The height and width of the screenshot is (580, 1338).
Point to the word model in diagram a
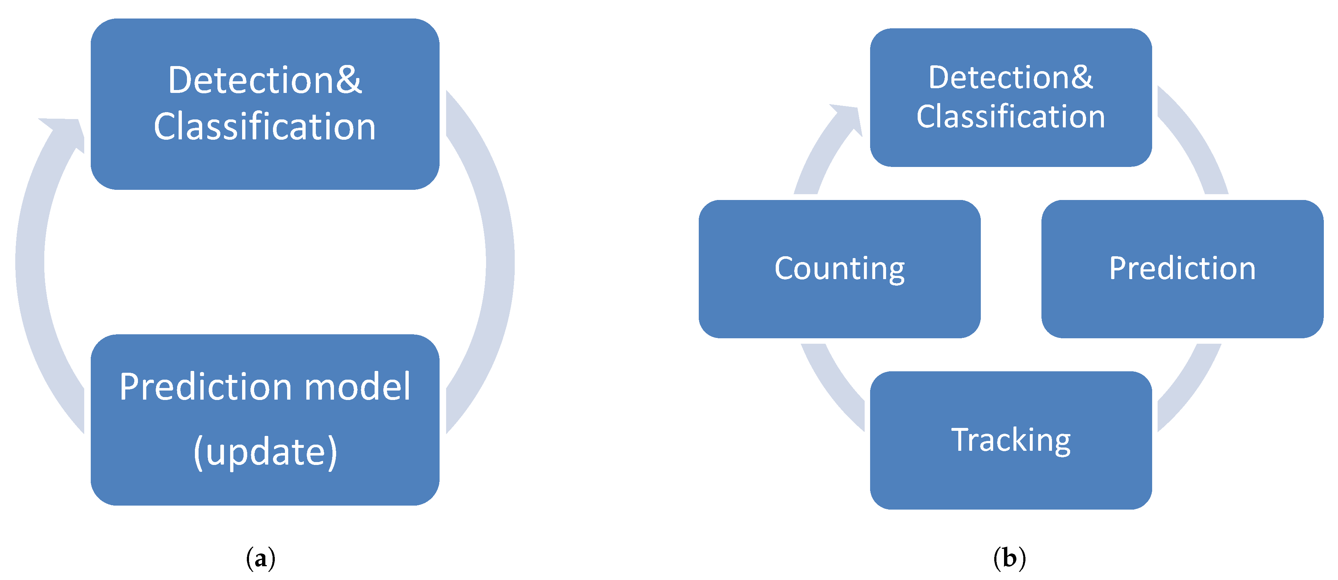click(357, 387)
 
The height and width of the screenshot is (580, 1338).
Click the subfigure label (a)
click(260, 559)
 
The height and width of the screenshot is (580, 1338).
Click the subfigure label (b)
click(1009, 559)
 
